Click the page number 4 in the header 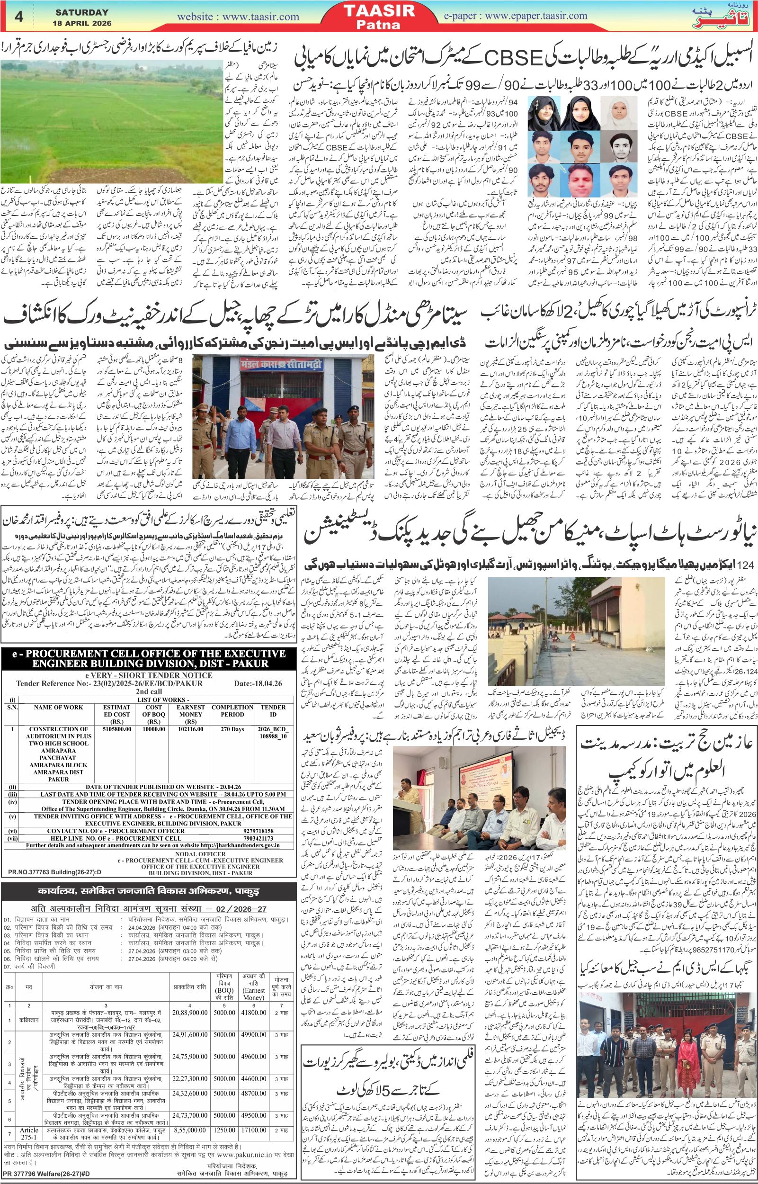click(x=20, y=16)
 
